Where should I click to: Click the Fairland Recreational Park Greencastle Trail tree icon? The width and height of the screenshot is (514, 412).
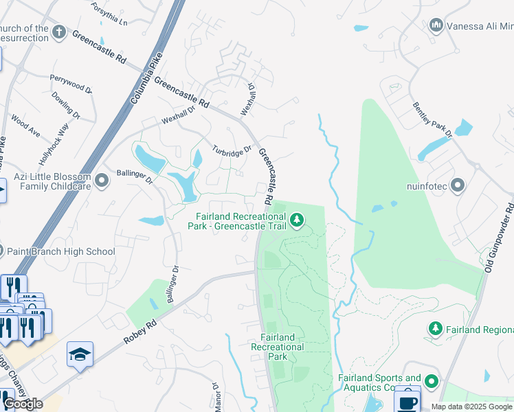[x=296, y=220]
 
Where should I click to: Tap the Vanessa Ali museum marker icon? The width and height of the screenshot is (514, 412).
[x=436, y=26]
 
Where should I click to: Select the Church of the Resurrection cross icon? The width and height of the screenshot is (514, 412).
[x=60, y=32]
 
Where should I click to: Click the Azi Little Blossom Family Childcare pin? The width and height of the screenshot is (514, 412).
[x=102, y=181]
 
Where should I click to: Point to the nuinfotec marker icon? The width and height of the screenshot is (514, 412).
[x=458, y=185]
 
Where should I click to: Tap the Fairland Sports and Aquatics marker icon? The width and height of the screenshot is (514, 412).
[x=431, y=381]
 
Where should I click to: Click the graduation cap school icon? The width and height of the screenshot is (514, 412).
[x=80, y=354]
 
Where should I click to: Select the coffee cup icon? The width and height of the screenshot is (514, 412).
[x=407, y=400]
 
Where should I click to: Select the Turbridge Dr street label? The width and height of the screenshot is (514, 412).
[x=232, y=150]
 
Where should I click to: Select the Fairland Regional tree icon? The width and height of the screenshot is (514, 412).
[x=435, y=330]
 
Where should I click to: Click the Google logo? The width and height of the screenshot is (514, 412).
[x=23, y=404]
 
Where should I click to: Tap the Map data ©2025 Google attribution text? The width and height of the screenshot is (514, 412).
[x=472, y=407]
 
